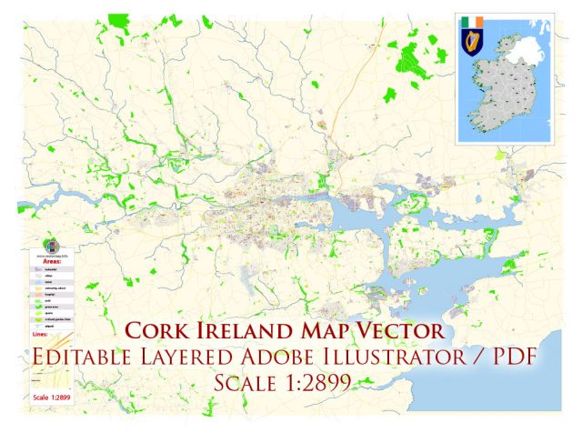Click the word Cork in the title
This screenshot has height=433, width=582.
(166, 329)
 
